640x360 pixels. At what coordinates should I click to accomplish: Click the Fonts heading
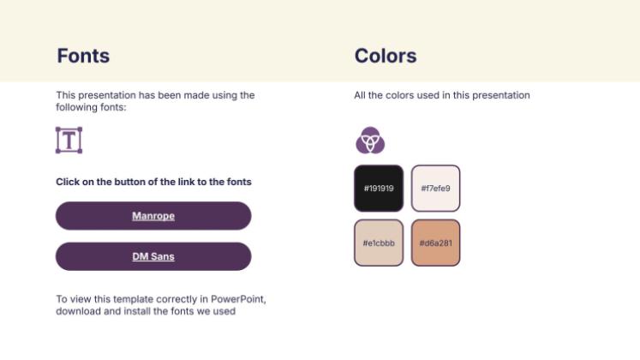tap(83, 57)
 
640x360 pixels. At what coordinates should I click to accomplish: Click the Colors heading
tap(386, 57)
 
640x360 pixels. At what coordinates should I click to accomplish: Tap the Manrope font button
tap(153, 216)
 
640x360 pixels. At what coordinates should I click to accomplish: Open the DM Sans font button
tap(153, 256)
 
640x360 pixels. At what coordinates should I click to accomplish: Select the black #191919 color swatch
tap(378, 188)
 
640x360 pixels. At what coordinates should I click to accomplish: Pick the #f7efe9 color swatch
tap(435, 188)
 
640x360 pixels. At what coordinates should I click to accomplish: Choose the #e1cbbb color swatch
tap(378, 243)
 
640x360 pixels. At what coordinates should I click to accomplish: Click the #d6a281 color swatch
tap(435, 243)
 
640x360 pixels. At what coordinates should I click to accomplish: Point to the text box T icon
tap(69, 140)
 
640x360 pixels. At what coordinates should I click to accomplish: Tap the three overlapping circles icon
tap(370, 140)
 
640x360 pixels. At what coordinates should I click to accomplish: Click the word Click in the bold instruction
tap(69, 182)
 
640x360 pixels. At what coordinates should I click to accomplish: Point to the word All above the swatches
tap(360, 95)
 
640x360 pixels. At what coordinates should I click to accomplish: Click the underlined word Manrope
tap(153, 216)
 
